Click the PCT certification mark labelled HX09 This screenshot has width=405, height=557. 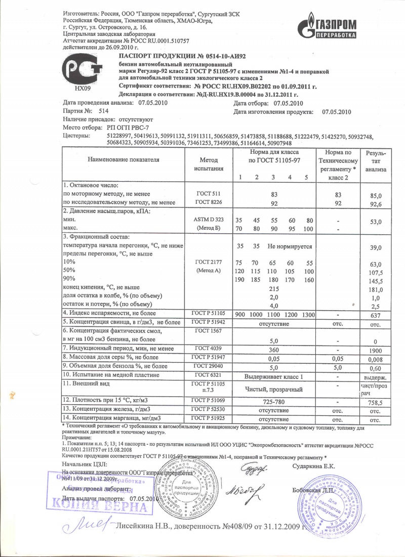tap(82, 73)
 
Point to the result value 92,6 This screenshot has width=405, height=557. tap(380, 204)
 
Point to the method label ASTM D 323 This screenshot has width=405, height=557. tap(209, 220)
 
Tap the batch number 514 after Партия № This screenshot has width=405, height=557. tap(104, 110)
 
